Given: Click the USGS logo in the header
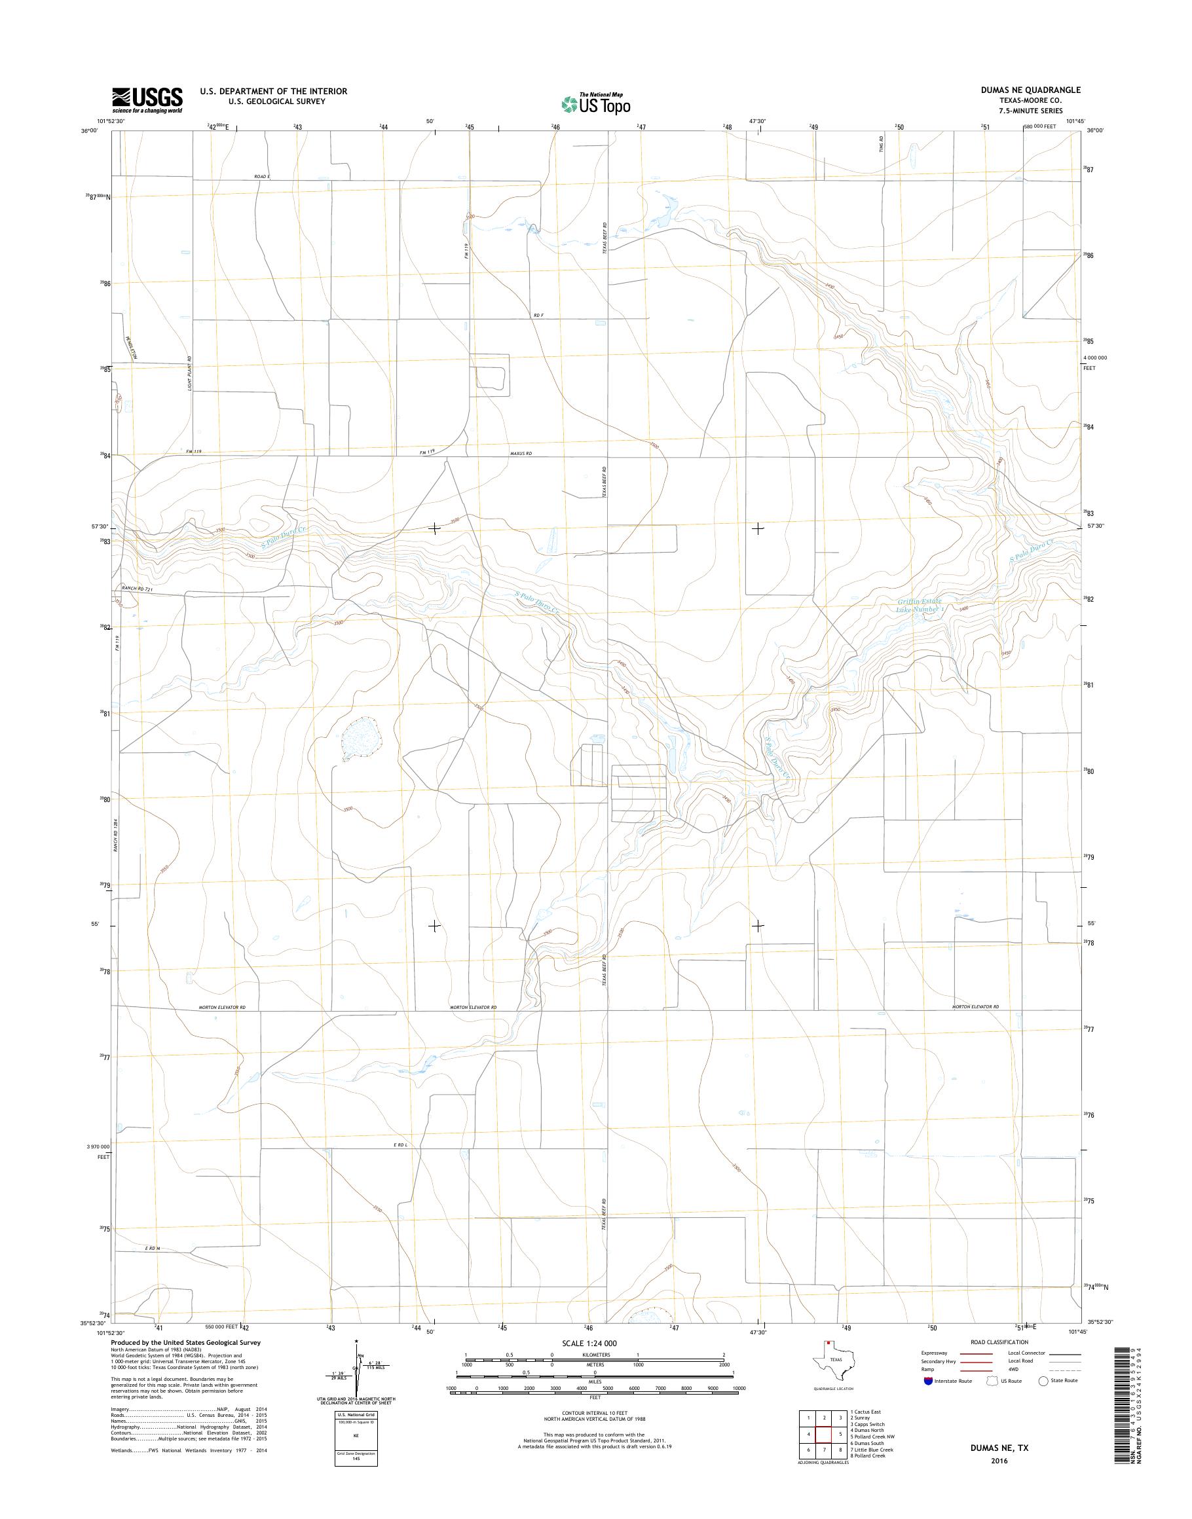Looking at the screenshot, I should tap(147, 100).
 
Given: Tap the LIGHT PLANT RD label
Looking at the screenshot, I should tap(189, 373).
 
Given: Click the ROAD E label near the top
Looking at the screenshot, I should tap(262, 177).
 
